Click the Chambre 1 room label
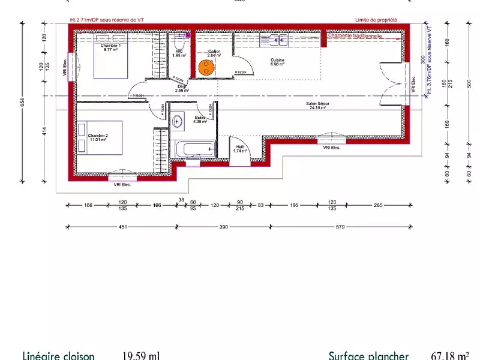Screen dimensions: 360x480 [x=110, y=46]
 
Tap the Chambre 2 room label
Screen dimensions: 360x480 [x=98, y=136]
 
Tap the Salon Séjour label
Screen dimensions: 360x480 [x=319, y=105]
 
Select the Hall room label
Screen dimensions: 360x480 [x=239, y=148]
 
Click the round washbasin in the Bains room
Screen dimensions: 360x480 [x=178, y=122]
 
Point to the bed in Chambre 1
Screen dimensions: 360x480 [x=111, y=63]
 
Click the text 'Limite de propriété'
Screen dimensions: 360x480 [x=376, y=20]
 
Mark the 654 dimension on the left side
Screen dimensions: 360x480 [x=23, y=102]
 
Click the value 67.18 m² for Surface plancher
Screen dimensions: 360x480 [x=449, y=355]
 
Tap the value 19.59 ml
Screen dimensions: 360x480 [x=141, y=355]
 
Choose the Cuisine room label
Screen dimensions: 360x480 [x=277, y=61]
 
